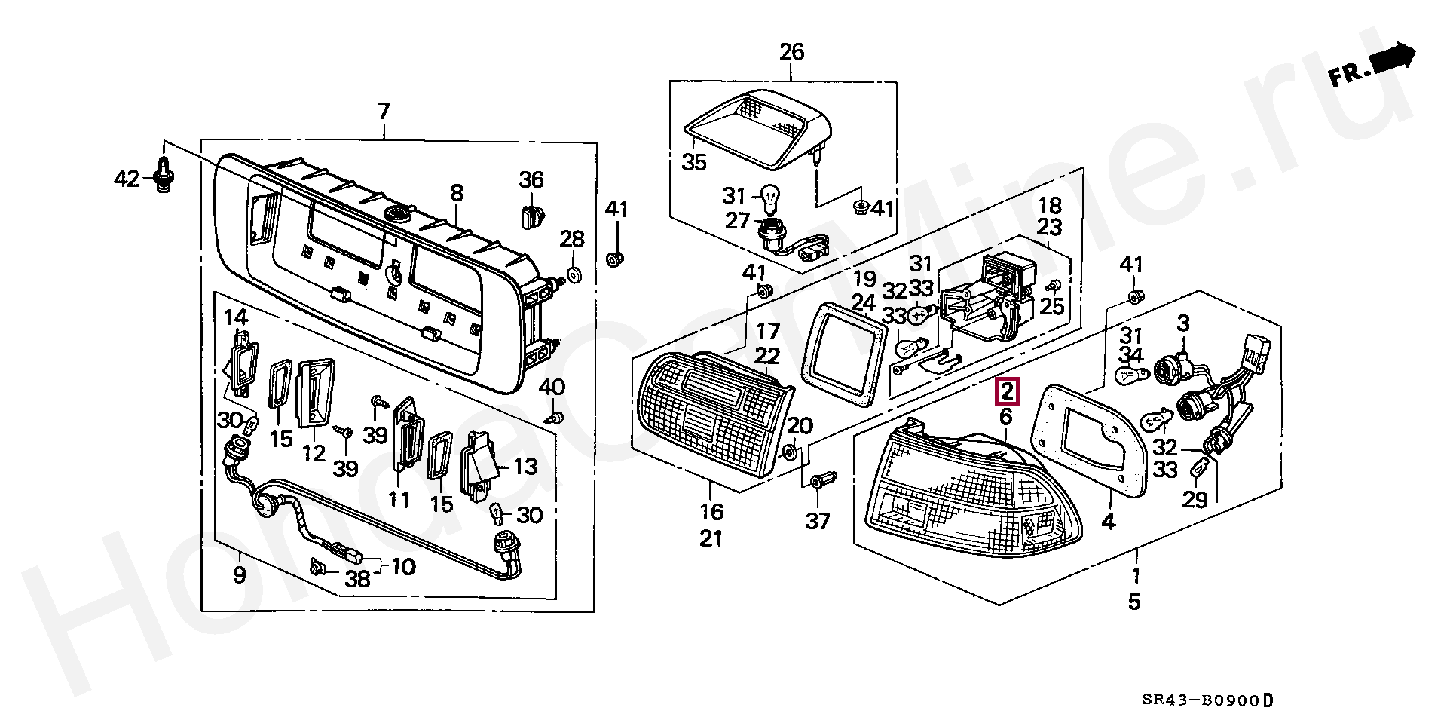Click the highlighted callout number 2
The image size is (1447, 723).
[x=1008, y=391]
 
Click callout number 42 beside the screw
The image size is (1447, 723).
[x=127, y=179]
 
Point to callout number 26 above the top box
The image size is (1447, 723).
[x=791, y=52]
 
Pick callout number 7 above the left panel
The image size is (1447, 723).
[x=384, y=113]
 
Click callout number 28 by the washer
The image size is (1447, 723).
[x=572, y=240]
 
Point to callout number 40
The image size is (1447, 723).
[x=552, y=388]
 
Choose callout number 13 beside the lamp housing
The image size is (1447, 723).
[x=525, y=467]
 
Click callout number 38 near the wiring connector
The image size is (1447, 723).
[x=357, y=579]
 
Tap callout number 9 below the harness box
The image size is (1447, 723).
[x=239, y=576]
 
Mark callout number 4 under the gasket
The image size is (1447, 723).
[x=1109, y=520]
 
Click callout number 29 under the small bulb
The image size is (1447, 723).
[x=1195, y=499]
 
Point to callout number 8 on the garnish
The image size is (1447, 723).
[x=457, y=195]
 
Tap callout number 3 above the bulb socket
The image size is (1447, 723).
[x=1183, y=323]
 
